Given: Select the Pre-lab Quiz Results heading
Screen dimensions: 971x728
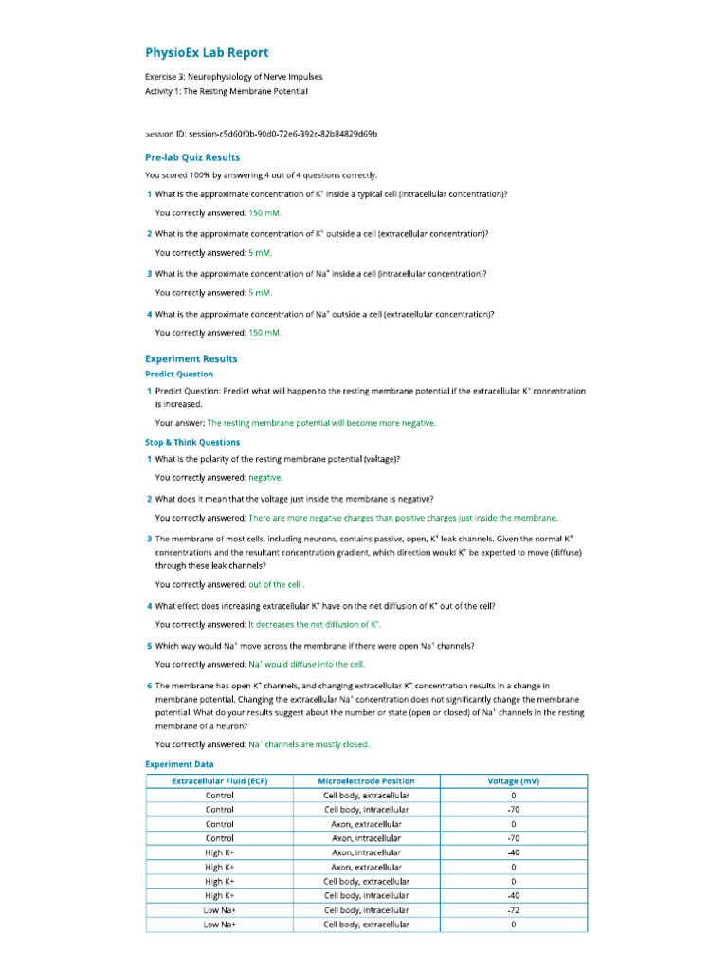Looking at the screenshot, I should (192, 157).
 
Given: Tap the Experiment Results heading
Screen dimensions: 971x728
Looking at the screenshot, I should (191, 358).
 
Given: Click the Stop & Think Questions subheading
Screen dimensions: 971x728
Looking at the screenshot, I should (192, 442).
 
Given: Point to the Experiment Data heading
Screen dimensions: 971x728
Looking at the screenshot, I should (179, 764).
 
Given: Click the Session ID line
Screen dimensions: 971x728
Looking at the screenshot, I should (254, 135).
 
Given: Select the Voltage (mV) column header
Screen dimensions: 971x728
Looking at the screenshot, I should (513, 781).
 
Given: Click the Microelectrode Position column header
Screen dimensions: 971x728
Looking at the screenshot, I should (366, 781).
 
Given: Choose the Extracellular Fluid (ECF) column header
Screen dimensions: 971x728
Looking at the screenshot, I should (220, 781).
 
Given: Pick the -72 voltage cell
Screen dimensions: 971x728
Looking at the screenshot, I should (513, 909).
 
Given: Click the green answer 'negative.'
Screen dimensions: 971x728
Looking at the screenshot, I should (265, 478).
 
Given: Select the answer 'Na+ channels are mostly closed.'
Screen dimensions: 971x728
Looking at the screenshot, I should (309, 744).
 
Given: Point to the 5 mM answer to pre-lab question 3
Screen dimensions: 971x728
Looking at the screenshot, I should (261, 293).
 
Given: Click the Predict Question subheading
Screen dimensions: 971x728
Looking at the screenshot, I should (179, 374).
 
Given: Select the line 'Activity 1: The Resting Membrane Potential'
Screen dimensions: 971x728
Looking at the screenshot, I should (227, 91).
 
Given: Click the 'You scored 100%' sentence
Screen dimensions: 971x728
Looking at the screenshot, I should (261, 175).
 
